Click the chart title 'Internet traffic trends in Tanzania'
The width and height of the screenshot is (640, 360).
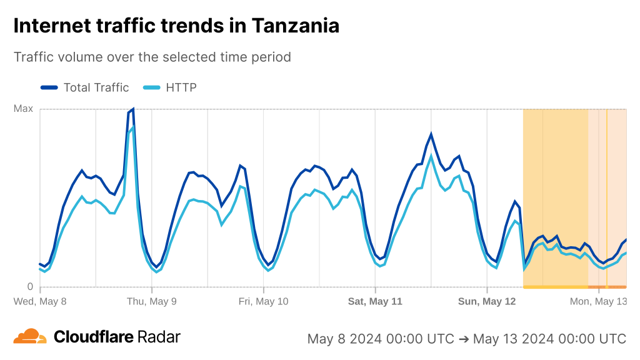tap(176, 26)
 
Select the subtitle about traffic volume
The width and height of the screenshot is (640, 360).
tap(152, 57)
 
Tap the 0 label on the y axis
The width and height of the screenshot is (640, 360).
tap(29, 287)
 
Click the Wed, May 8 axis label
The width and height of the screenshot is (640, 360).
tap(40, 301)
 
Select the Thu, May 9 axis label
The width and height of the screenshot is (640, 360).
tap(151, 301)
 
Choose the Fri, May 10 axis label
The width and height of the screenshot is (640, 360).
tap(263, 301)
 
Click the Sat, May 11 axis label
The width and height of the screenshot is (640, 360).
tap(375, 301)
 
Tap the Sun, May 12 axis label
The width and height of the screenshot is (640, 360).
tap(487, 301)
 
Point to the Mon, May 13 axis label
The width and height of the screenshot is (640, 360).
tap(597, 301)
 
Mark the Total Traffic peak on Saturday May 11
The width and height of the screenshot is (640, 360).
tap(431, 134)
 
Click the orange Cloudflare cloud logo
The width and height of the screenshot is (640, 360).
tap(30, 336)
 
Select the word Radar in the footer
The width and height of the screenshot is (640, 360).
tap(159, 337)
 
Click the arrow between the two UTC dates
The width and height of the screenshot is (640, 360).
tap(463, 339)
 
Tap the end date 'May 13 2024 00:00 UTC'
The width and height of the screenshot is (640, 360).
tap(549, 339)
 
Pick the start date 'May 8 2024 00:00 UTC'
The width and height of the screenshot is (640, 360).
tap(381, 339)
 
